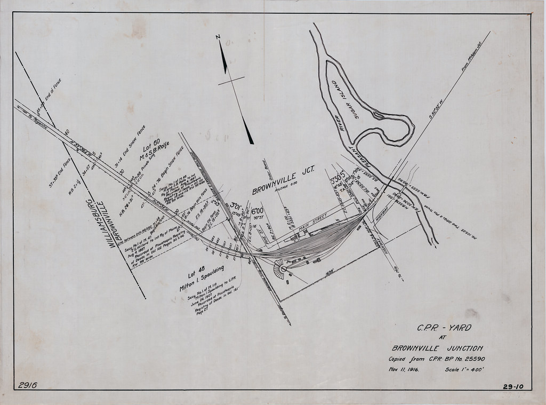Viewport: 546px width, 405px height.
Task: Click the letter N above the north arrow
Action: tap(218, 37)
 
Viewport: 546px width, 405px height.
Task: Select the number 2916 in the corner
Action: tap(27, 385)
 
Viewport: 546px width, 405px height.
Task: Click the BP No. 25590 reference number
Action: tap(468, 359)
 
